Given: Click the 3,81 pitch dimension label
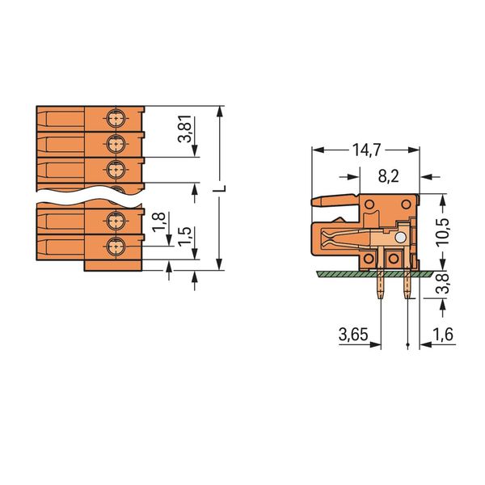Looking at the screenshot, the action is [x=184, y=129].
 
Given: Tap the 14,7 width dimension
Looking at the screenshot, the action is [x=366, y=150].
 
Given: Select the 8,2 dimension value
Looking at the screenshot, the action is [x=389, y=176].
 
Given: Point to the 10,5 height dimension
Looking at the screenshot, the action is [x=443, y=231].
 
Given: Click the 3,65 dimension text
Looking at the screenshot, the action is [x=353, y=335].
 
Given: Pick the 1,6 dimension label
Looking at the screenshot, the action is [x=443, y=335].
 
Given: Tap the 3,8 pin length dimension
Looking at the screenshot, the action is [x=443, y=283].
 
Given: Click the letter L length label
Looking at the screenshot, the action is [x=219, y=188].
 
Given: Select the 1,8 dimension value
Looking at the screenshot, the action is [x=159, y=221].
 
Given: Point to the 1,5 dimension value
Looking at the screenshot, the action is [x=184, y=236].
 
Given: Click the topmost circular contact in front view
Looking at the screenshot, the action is [x=116, y=119].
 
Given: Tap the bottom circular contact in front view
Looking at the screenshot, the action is [x=116, y=247].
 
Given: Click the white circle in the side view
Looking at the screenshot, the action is [x=400, y=238].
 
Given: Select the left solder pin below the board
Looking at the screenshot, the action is [x=381, y=287].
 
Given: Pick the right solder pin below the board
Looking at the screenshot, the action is [x=407, y=287].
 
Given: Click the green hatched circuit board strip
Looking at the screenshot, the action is [x=374, y=273].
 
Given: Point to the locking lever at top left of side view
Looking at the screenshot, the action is [x=335, y=200].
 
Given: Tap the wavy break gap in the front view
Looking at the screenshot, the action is [x=90, y=196].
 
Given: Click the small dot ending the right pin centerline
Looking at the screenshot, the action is [x=407, y=344].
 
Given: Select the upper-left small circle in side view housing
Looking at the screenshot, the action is [x=369, y=205].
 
